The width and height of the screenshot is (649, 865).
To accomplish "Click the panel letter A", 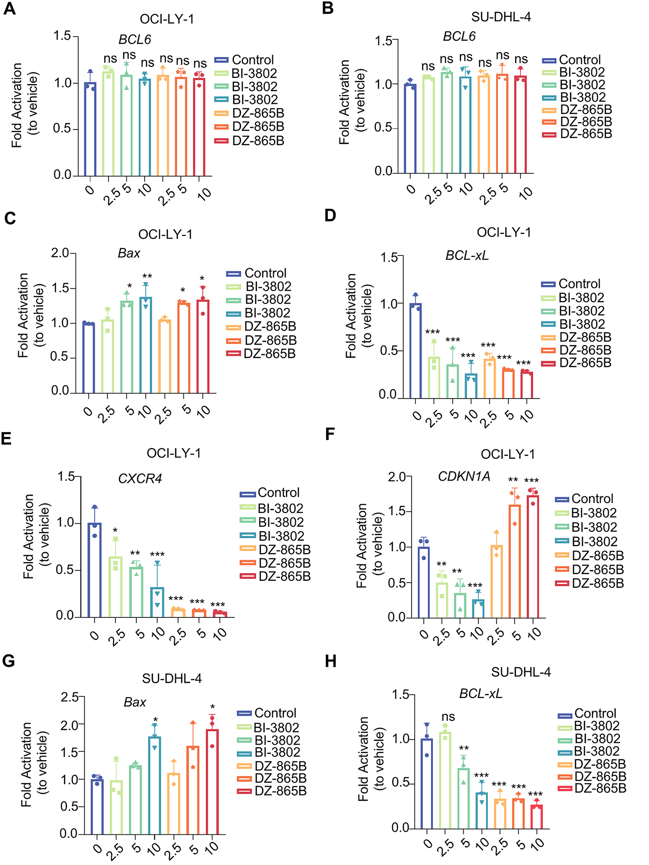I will click(x=9, y=9).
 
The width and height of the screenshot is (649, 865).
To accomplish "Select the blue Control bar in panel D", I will click(x=416, y=350).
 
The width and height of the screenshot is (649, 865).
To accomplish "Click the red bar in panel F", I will click(x=533, y=556).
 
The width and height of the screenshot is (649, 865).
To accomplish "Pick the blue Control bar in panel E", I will click(x=95, y=570).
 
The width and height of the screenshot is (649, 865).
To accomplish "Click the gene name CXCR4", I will click(x=140, y=479).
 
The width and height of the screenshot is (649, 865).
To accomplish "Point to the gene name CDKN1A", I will click(x=464, y=476).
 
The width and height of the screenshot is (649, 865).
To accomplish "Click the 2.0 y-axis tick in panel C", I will click(x=60, y=253).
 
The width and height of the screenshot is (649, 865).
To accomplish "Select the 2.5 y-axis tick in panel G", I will click(x=70, y=697).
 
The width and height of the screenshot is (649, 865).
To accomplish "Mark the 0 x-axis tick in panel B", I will click(x=411, y=189).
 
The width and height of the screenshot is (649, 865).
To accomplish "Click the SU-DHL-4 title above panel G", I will click(x=172, y=678).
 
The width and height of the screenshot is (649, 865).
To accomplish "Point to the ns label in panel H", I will click(x=448, y=717).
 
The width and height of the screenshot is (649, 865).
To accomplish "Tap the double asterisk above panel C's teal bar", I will click(x=147, y=276).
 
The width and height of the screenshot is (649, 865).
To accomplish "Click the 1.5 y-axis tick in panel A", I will click(x=62, y=36).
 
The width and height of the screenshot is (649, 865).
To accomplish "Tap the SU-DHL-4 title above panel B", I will click(x=501, y=17).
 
